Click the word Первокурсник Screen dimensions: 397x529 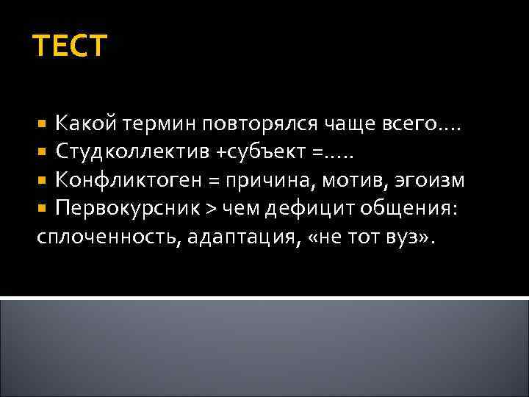(127, 207)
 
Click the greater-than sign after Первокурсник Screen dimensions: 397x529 (209, 208)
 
